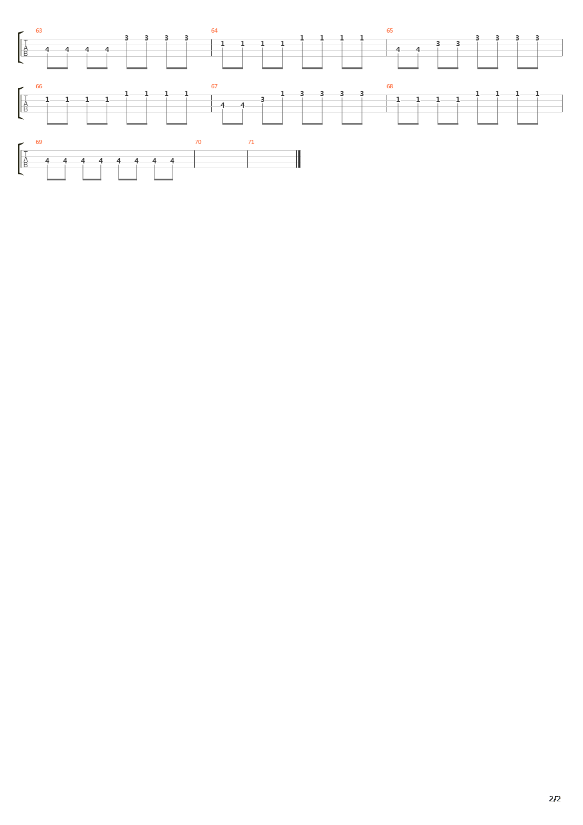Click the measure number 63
[39, 30]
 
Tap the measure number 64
[214, 30]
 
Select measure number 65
[390, 30]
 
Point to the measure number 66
[39, 86]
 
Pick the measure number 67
[214, 86]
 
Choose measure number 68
[390, 86]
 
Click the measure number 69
[39, 142]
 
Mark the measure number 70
[198, 142]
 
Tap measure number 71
[251, 142]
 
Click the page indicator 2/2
[555, 799]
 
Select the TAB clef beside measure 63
[25, 47]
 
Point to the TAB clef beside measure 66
[25, 103]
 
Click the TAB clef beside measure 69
[25, 159]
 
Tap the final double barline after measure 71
[299, 159]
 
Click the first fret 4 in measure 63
[47, 50]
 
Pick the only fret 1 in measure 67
[282, 94]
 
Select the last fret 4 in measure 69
[172, 161]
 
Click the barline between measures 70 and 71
[247, 159]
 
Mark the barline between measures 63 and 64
[211, 47]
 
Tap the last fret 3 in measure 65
[537, 38]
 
